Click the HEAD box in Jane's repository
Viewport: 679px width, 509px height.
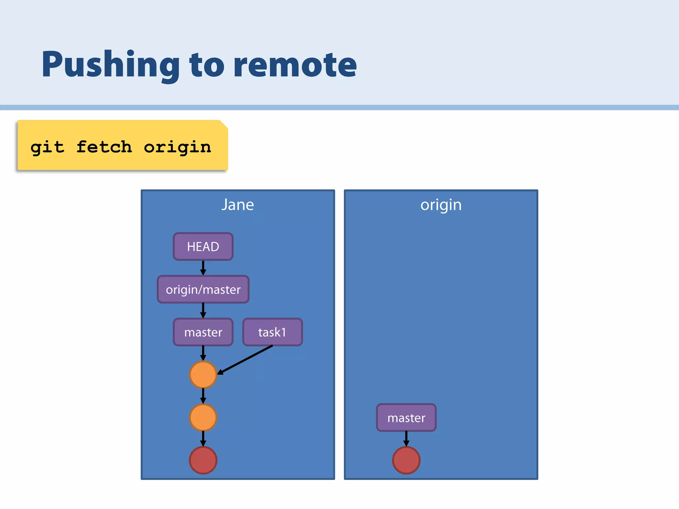point(203,247)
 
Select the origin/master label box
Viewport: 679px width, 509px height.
point(203,289)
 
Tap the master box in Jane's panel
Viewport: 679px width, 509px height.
point(203,332)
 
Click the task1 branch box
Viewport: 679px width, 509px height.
point(272,332)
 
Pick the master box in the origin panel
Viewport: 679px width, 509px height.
point(406,418)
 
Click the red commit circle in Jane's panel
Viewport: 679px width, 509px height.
point(203,460)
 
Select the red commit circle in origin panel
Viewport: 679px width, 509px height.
point(406,460)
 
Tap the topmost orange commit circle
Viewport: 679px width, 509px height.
point(203,374)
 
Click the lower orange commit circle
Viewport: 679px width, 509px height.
point(203,417)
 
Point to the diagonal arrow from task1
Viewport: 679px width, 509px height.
point(245,360)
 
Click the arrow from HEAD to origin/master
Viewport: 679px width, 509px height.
point(203,268)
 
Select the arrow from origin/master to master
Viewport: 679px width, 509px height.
point(203,311)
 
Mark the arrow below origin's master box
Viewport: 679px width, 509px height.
point(406,438)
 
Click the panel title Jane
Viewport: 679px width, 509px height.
point(238,204)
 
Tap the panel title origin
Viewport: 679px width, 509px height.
point(441,204)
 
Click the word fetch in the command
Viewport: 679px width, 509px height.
point(104,146)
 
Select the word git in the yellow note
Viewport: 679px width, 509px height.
point(47,147)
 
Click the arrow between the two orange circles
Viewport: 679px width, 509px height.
point(203,396)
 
